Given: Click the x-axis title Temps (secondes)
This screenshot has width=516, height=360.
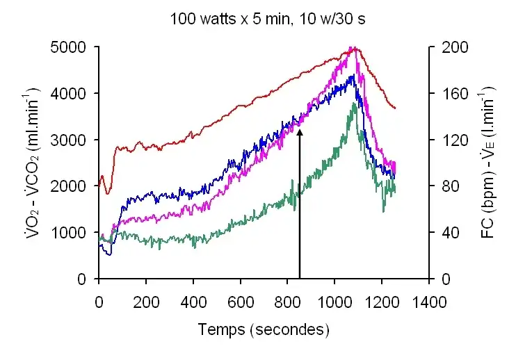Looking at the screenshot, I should [263, 329].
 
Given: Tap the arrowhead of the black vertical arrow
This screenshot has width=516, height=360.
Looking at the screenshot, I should [300, 131].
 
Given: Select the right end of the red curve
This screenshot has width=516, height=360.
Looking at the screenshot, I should [395, 108].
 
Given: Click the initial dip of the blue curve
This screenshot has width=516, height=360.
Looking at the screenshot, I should [108, 254].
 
